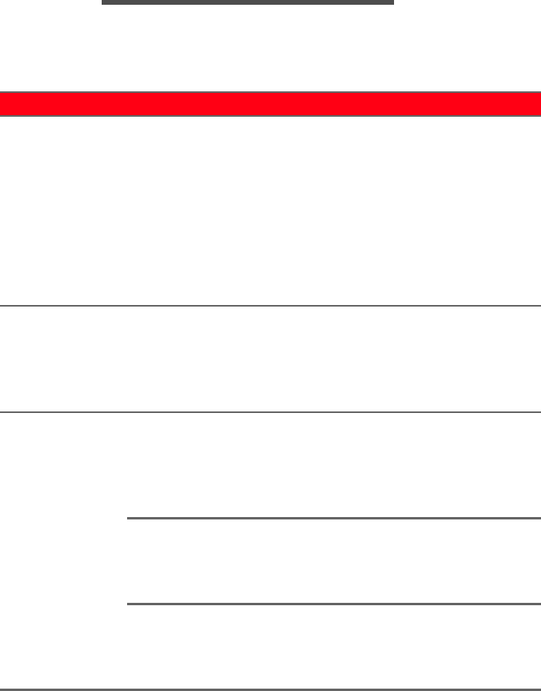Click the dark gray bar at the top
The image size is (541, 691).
coord(248,2)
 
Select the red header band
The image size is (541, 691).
coord(270,104)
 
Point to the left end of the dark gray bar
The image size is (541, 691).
coord(104,2)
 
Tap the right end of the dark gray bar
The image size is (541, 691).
coord(392,2)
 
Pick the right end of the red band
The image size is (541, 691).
coord(538,104)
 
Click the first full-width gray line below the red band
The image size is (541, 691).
coord(270,305)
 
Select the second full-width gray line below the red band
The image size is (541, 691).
coord(270,411)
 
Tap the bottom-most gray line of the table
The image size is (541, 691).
coord(270,689)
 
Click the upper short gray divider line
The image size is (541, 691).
coord(334,518)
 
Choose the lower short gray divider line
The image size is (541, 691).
coord(334,604)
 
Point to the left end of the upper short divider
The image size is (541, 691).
coord(129,518)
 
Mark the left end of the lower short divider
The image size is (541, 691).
coord(129,604)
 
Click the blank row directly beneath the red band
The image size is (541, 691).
coord(270,210)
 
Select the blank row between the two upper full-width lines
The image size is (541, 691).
coord(270,358)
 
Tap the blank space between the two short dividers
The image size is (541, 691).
coord(334,561)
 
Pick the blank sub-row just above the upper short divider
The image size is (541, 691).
coord(334,465)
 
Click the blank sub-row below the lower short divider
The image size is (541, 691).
coord(334,646)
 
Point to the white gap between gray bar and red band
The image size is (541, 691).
coord(270,48)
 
